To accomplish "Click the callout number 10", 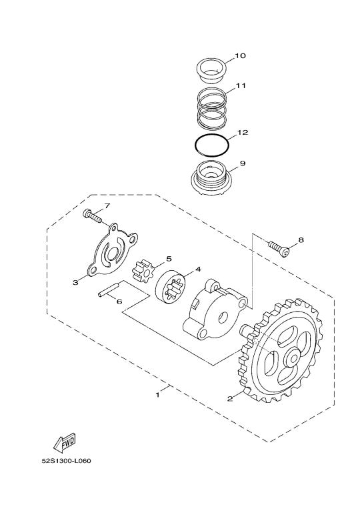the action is click(240, 56).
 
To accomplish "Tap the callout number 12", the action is click(243, 132).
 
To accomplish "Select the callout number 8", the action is click(301, 240).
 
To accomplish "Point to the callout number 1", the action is click(158, 395).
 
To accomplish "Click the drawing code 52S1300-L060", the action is click(66, 461).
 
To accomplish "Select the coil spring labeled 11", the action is click(212, 109).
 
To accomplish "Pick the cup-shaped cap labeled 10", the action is click(211, 71).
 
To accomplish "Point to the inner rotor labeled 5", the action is click(143, 271).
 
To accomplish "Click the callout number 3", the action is click(75, 283).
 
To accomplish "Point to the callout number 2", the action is click(230, 398).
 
